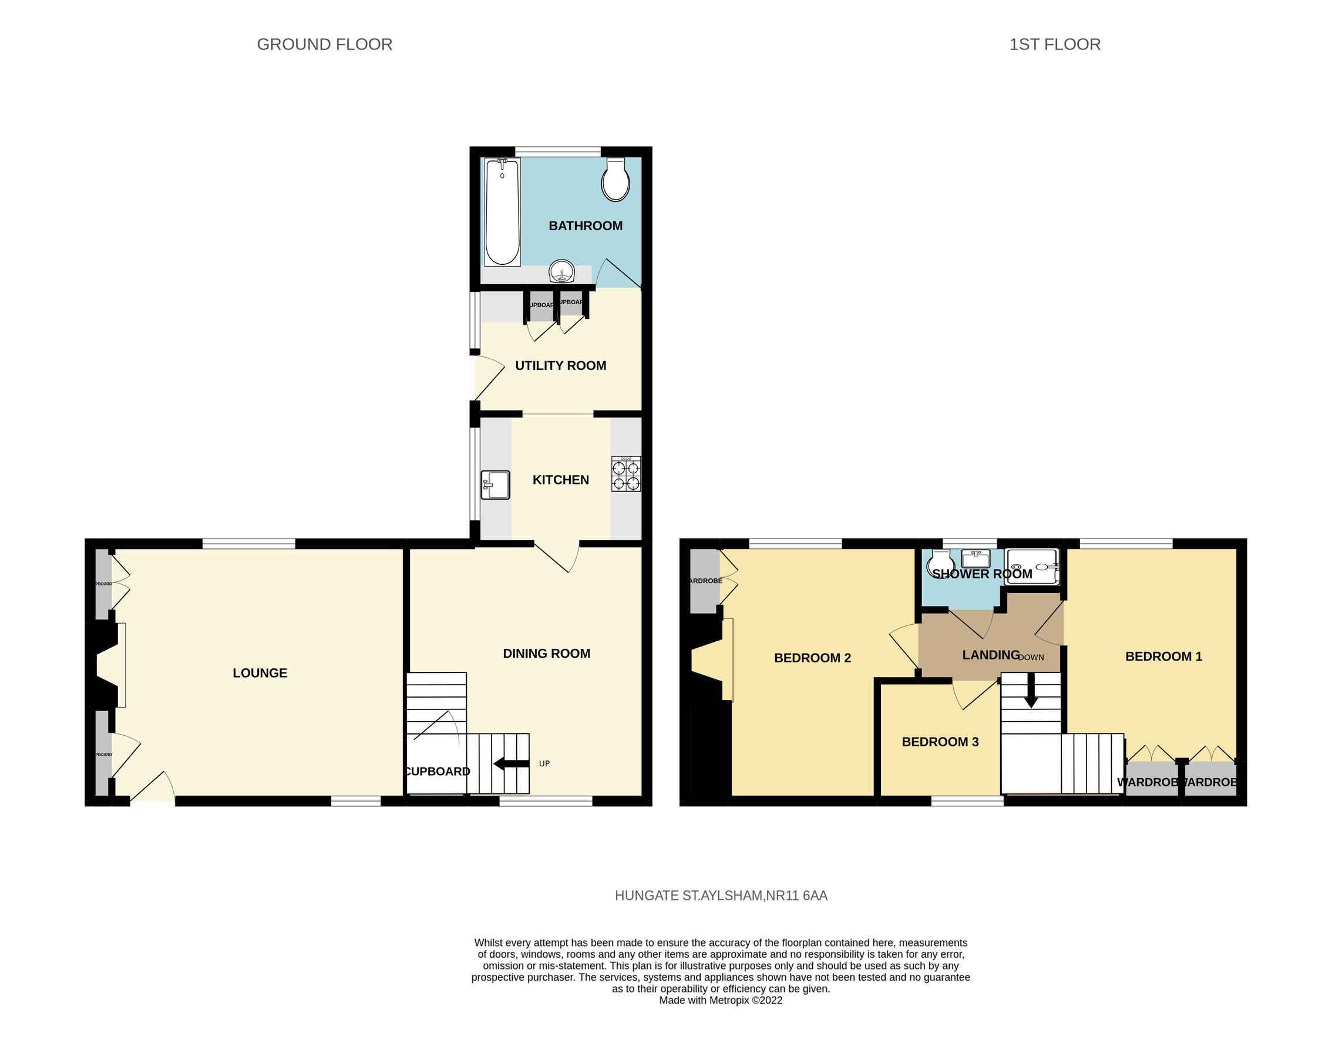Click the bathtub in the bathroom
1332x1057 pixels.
(x=502, y=212)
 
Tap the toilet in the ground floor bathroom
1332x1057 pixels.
(x=615, y=180)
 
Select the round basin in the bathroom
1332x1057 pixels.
(x=562, y=271)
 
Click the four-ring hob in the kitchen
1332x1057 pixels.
(x=626, y=474)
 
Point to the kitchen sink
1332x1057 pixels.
(x=496, y=485)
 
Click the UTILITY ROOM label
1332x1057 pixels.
(x=560, y=366)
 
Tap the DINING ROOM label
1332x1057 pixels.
(x=546, y=654)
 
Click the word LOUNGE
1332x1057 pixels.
(x=260, y=674)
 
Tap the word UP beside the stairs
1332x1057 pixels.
(x=544, y=763)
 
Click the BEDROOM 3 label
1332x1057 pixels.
(x=940, y=742)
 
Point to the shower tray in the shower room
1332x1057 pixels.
(x=1032, y=567)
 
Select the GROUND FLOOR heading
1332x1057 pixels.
(x=324, y=45)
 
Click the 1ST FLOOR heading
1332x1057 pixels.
(x=1055, y=45)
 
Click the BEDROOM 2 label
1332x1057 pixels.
(x=812, y=658)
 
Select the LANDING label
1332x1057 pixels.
(x=990, y=655)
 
